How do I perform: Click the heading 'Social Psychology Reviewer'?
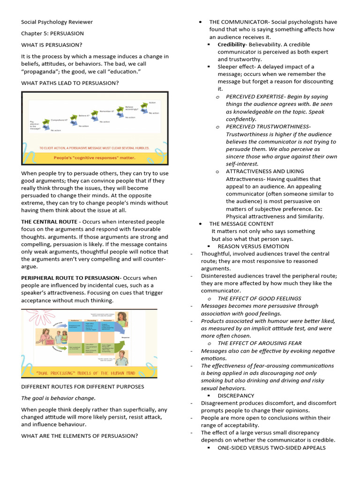click(57, 22)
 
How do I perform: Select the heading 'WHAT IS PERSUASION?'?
click(51, 45)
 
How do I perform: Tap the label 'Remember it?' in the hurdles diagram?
click(109, 111)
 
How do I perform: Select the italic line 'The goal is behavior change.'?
click(58, 398)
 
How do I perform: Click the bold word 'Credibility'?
click(232, 45)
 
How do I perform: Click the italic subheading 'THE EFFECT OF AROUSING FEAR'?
click(259, 343)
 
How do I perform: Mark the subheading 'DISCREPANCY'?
click(236, 396)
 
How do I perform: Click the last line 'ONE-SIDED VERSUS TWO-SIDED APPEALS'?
click(271, 448)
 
